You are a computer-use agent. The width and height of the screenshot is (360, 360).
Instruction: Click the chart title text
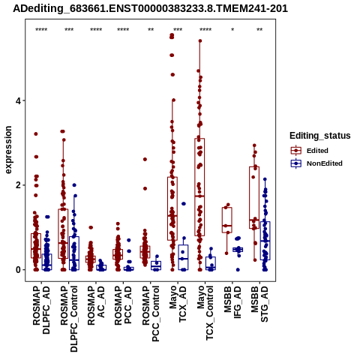pos(150,9)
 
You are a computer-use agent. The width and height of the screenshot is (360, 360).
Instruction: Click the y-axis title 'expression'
pos(8,150)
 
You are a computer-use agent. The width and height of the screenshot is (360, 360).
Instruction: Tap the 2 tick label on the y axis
pos(17,185)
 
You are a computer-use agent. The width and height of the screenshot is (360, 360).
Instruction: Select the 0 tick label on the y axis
pos(17,270)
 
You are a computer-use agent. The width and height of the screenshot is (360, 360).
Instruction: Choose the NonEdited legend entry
pos(316,163)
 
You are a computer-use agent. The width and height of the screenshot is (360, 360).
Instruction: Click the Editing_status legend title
pos(320,136)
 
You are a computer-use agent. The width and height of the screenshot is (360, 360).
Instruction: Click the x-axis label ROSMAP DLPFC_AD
pos(41,310)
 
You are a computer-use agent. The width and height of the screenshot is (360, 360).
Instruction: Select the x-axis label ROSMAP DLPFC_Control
pos(69,319)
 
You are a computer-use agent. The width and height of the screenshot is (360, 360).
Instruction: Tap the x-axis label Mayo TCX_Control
pos(205,313)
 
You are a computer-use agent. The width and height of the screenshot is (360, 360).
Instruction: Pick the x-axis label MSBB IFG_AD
pos(232,302)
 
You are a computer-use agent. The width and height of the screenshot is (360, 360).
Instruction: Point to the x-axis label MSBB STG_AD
pos(259,304)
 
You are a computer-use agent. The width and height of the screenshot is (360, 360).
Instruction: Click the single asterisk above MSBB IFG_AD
pos(232,30)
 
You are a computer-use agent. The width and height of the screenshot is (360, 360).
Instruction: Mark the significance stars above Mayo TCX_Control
pos(205,30)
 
